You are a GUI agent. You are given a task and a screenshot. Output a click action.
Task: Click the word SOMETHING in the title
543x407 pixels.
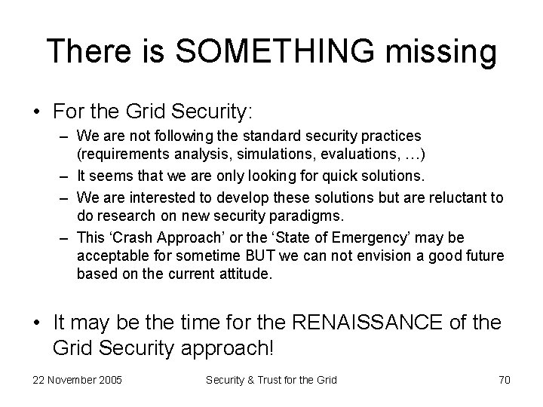pyautogui.click(x=276, y=52)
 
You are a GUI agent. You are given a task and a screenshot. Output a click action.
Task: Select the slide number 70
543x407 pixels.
pyautogui.click(x=505, y=380)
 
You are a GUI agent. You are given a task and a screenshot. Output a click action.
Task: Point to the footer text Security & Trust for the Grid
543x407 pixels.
pyautogui.click(x=271, y=380)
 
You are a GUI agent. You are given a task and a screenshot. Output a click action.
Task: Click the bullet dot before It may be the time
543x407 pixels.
pyautogui.click(x=37, y=323)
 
